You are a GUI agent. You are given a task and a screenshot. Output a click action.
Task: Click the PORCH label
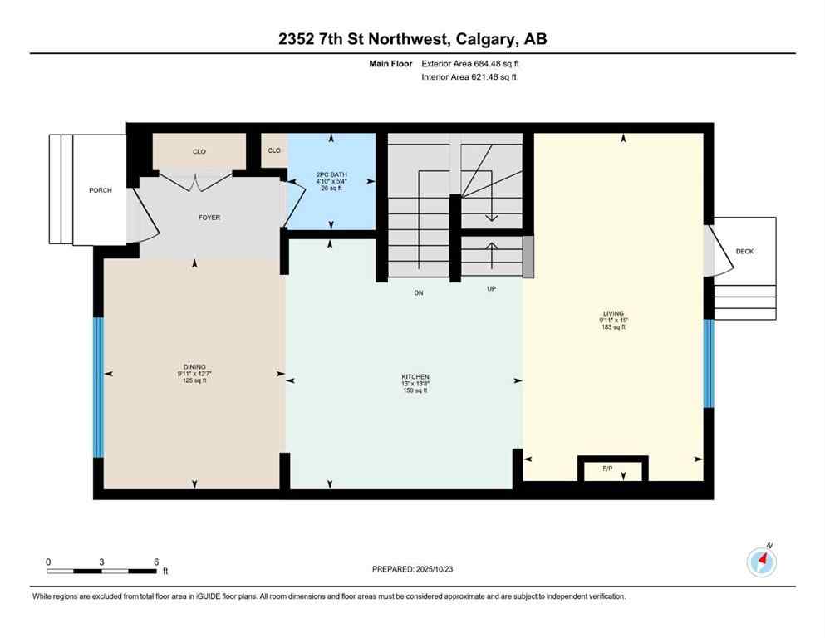click(101, 190)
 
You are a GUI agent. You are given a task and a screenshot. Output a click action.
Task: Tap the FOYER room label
click(209, 218)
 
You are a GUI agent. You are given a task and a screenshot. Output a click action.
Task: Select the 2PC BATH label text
click(331, 174)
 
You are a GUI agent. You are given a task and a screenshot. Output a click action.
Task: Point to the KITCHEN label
click(414, 377)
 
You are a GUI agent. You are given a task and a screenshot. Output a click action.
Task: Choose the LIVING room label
click(613, 314)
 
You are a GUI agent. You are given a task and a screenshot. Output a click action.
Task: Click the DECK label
click(744, 251)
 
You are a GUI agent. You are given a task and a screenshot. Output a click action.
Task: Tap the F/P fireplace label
click(608, 469)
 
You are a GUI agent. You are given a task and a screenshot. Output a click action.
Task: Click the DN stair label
click(419, 292)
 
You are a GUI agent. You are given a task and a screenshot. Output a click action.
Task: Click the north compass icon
click(762, 562)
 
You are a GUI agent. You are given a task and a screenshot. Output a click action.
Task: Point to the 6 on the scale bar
click(156, 562)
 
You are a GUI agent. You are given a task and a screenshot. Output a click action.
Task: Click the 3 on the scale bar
click(101, 562)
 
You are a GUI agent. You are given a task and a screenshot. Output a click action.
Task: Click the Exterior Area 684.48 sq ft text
click(471, 63)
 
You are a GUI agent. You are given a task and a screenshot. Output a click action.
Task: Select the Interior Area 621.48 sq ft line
click(469, 77)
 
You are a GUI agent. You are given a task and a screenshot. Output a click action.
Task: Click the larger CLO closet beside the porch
click(199, 151)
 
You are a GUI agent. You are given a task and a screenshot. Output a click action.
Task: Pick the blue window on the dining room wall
click(98, 387)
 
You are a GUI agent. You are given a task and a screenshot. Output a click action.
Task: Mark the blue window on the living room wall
click(709, 363)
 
